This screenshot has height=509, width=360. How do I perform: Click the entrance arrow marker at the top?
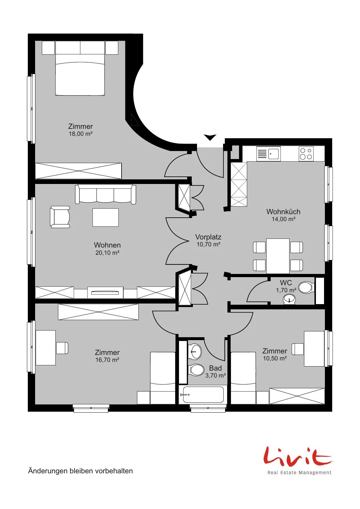point(210,137)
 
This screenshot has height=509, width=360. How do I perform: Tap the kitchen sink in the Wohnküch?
point(269,154)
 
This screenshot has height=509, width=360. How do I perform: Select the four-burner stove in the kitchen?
point(306,154)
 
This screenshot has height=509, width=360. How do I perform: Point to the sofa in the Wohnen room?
point(106,194)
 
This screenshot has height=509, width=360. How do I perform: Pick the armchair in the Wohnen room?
point(60,217)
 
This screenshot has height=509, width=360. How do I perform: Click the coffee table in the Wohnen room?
point(106,217)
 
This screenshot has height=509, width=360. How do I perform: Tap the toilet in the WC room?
point(306,288)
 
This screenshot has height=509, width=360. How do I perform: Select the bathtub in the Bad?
point(203,395)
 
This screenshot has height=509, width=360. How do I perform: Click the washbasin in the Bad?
point(195,351)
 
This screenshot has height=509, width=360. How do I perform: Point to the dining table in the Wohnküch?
point(278,256)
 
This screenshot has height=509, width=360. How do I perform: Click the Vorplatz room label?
point(208,237)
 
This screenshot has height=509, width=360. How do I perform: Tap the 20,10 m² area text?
point(107,253)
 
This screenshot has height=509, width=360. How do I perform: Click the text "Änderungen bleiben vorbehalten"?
point(80,471)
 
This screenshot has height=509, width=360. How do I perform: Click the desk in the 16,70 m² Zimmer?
point(46,348)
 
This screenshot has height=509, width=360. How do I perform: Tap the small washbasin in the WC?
point(289,299)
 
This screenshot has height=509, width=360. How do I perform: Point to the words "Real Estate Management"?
point(299,473)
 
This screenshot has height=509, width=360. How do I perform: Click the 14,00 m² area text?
point(283,219)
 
